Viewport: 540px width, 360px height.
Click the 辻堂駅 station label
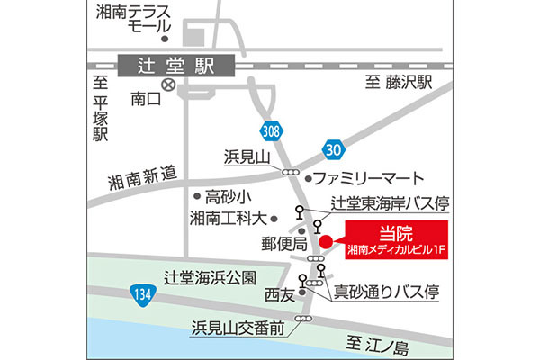point(174,67)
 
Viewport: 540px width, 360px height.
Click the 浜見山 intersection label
point(247,157)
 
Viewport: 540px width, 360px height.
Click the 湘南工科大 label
point(229,218)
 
